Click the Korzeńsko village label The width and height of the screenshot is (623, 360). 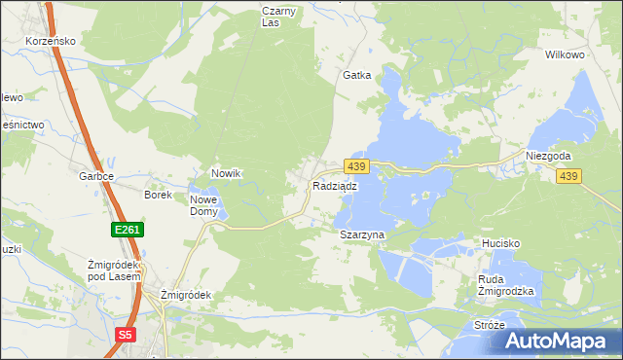pyautogui.click(x=52, y=43)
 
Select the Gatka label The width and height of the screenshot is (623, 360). pyautogui.click(x=356, y=75)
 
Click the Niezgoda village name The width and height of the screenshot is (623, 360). pyautogui.click(x=547, y=156)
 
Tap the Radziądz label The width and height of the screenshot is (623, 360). pyautogui.click(x=334, y=186)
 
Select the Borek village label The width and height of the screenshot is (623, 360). pyautogui.click(x=158, y=195)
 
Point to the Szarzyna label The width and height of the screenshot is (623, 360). pyautogui.click(x=362, y=235)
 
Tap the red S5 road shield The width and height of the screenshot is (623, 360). pyautogui.click(x=126, y=335)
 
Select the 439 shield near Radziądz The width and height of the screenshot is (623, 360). pyautogui.click(x=356, y=168)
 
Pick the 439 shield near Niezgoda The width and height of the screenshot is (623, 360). pyautogui.click(x=569, y=176)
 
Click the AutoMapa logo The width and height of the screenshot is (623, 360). pyautogui.click(x=559, y=341)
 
